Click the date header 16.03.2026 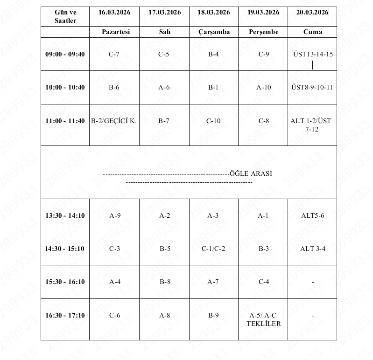[114, 13]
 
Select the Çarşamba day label [213, 32]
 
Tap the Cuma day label [312, 32]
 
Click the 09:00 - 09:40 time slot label [65, 54]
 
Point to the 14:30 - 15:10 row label [65, 249]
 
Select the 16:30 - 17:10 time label [65, 315]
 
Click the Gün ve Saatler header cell [65, 16]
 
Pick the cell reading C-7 [114, 54]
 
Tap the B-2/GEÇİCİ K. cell [114, 121]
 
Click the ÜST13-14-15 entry [312, 54]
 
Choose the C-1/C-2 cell [213, 249]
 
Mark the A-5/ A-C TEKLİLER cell [263, 319]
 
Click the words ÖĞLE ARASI [251, 173]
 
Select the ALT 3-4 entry [312, 249]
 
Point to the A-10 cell [263, 87]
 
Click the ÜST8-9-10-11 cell [312, 87]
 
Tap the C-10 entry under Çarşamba [213, 121]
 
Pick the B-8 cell [164, 282]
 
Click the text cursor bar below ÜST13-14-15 [312, 65]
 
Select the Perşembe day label [263, 32]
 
